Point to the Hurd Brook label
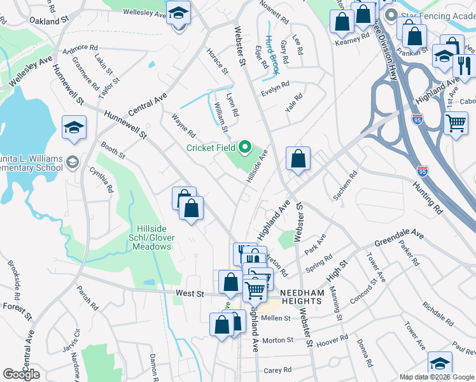pos(272,54)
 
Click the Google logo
pos(21,374)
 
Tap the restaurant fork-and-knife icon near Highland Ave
pos(465,64)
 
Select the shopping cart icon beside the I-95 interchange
pos(456,122)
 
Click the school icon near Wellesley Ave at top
pos(179,11)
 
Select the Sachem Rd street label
pos(345,184)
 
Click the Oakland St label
pos(48,20)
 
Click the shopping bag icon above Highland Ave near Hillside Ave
pos(298,158)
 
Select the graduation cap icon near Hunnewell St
pos(74,127)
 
